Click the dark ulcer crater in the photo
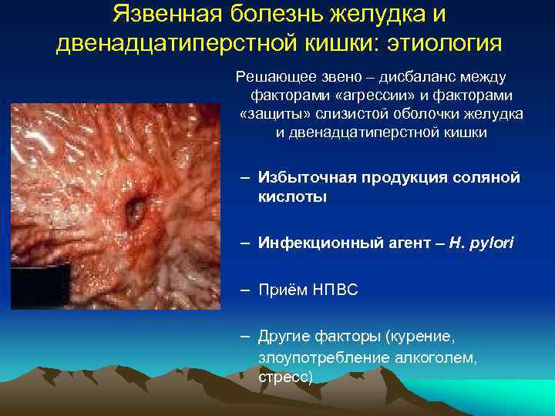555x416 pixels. click(x=136, y=207)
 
